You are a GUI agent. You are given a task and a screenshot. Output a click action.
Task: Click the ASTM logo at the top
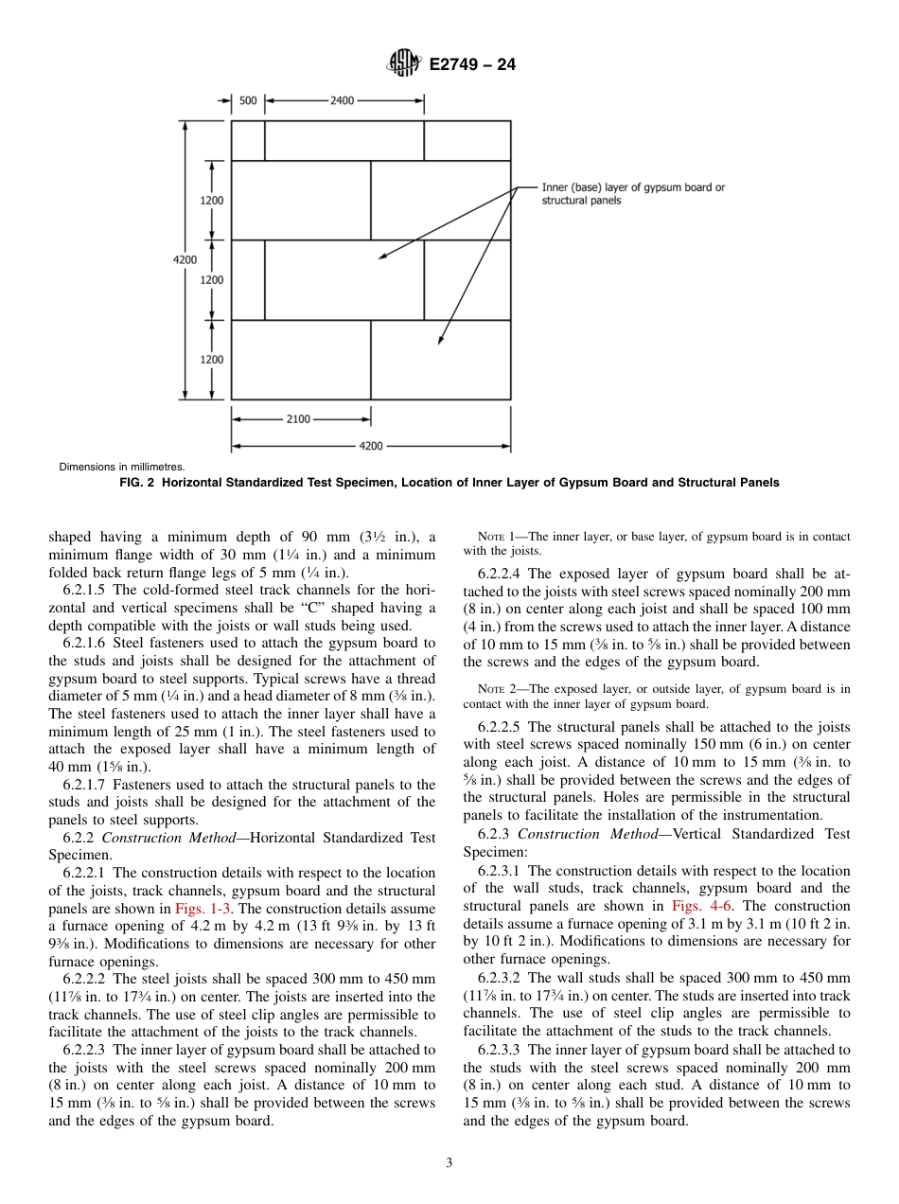click(404, 64)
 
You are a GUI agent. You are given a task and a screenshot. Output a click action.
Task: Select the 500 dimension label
click(248, 100)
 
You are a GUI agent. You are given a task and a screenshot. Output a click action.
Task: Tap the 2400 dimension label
click(342, 100)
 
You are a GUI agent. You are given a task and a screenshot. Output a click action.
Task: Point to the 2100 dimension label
click(298, 418)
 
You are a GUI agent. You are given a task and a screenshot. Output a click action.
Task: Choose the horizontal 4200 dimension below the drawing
click(371, 446)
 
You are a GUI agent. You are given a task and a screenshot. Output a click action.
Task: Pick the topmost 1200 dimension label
click(212, 201)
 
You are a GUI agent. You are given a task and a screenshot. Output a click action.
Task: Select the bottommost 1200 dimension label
click(212, 360)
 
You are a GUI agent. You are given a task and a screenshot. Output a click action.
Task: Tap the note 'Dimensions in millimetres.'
click(122, 467)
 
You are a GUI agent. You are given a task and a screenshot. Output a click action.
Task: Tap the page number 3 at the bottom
click(449, 1163)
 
